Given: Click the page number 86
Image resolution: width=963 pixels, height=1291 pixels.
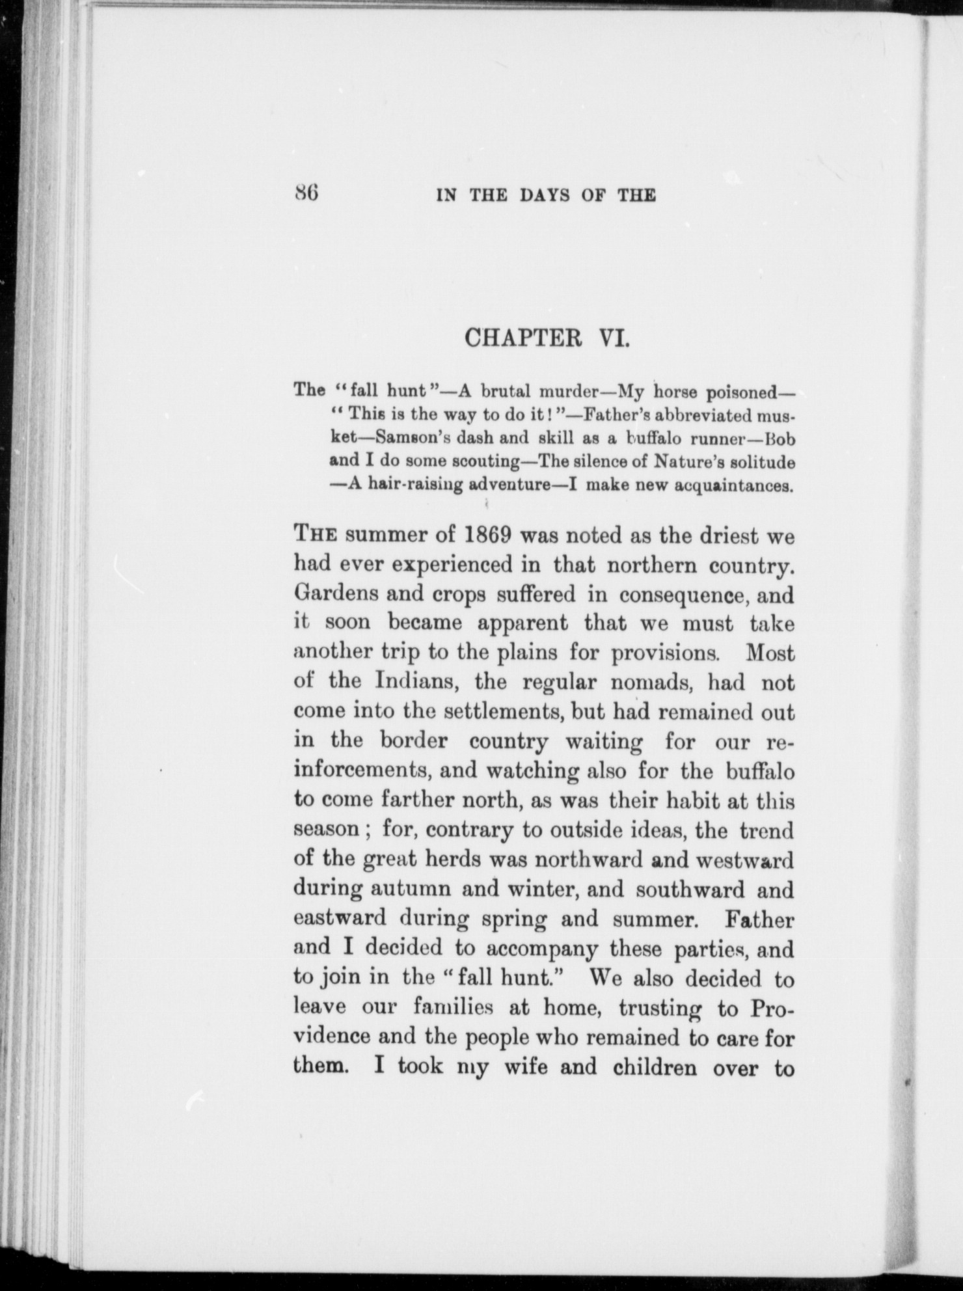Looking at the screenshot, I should pos(305,193).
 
